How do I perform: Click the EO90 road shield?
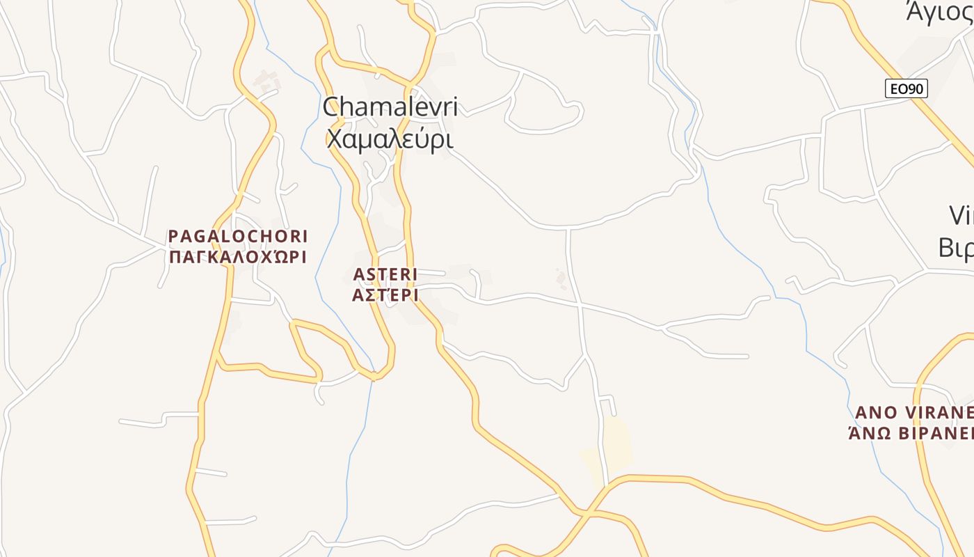tap(907, 89)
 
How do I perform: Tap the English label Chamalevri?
tap(390, 107)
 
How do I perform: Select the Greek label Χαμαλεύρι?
tap(390, 139)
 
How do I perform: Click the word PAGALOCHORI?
tap(238, 237)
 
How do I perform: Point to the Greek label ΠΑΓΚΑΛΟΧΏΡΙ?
tap(238, 257)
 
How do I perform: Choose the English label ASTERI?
tap(385, 274)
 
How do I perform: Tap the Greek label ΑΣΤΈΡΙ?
tap(385, 295)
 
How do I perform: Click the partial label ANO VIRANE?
tap(913, 412)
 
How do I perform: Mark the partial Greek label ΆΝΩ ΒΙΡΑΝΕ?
tap(911, 433)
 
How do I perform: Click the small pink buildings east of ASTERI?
tap(561, 278)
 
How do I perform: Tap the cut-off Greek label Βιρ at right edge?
tap(957, 247)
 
